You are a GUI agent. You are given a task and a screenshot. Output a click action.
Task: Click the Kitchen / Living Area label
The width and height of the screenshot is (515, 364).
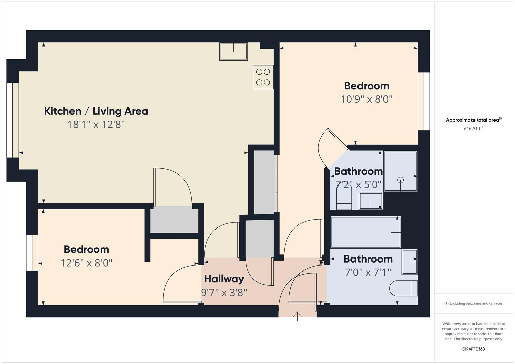(x=96, y=111)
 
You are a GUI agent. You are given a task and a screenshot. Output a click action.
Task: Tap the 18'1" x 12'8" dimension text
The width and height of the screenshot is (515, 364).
(x=96, y=125)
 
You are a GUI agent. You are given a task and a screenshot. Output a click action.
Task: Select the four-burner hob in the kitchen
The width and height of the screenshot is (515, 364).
(x=263, y=77)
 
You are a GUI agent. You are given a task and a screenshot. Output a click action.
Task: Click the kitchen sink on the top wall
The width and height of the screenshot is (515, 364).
(x=233, y=52)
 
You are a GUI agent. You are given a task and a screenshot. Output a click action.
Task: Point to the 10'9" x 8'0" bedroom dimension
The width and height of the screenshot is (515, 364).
(x=367, y=99)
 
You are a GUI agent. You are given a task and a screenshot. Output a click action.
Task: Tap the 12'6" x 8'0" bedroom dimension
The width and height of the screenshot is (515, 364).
(x=86, y=263)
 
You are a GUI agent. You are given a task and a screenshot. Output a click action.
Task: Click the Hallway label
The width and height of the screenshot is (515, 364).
(x=224, y=279)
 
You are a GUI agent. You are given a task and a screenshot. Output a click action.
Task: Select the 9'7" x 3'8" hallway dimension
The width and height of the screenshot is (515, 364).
(x=224, y=292)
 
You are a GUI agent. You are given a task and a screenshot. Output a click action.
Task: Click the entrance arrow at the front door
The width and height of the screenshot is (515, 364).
(x=297, y=316)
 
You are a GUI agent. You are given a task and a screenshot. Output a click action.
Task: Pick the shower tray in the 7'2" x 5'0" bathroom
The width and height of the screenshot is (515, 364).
(x=400, y=171)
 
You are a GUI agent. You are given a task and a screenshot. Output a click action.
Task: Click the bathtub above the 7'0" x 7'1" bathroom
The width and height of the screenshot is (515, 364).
(x=366, y=232)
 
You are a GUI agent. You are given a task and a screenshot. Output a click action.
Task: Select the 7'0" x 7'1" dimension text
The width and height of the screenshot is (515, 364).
(x=368, y=272)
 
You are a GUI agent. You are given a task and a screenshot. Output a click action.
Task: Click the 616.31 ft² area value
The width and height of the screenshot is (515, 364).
(x=474, y=128)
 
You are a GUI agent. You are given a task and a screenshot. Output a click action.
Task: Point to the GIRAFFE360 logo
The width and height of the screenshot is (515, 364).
(x=474, y=349)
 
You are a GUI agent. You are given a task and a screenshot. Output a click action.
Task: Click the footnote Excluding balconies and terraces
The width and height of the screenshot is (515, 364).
(x=474, y=303)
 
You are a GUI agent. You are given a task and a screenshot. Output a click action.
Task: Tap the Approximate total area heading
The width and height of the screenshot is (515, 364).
(x=474, y=120)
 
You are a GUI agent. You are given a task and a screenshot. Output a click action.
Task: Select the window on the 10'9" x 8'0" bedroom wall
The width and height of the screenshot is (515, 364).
(x=424, y=101)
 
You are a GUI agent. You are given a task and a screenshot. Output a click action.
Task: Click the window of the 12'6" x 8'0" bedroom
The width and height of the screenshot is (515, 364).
(x=32, y=252)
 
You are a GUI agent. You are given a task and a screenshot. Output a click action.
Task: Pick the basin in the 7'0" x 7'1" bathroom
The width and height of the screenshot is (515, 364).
(x=410, y=262)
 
